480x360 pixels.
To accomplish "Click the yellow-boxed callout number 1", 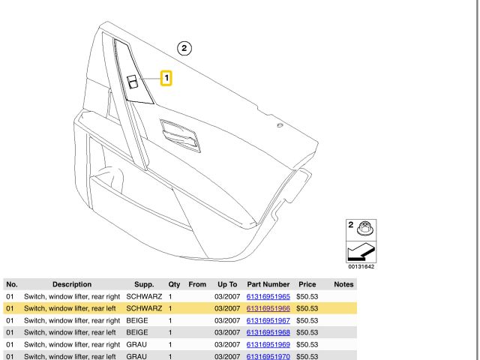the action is point(166,78).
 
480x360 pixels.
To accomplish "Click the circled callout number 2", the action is point(184,48).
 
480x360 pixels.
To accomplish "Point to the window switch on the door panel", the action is point(133,82).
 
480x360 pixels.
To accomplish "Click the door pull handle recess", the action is point(180,136).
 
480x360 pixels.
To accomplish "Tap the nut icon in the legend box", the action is point(365,228).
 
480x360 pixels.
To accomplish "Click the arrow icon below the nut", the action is point(361,252).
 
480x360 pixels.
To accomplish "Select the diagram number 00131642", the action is point(361,267).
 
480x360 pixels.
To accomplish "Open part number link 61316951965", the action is point(268,296).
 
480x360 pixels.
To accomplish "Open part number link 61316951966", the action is point(268,308).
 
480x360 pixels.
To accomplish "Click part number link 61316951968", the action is point(268,332).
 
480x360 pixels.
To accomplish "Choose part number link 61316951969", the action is point(268,344).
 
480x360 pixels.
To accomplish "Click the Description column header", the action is point(72,284).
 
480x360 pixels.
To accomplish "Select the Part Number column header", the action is point(268,284).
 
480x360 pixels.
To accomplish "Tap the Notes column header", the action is point(343,284).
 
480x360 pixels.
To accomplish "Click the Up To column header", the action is point(227,284).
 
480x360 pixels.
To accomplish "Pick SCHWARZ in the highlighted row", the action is point(144,308).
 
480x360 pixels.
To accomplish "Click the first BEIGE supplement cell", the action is point(137,320).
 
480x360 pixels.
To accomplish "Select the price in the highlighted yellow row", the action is point(307,308).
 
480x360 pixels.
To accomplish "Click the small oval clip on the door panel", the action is point(280,125).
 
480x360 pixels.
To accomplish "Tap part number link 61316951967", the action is point(268,320).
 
